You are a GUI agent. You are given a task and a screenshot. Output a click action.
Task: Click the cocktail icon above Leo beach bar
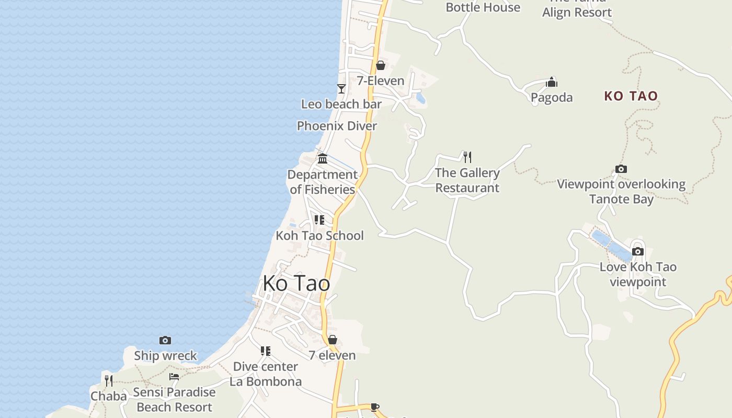(x=341, y=89)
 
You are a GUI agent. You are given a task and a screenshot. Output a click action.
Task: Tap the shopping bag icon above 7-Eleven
(x=381, y=65)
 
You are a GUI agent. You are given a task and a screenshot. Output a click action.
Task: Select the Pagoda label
(x=552, y=97)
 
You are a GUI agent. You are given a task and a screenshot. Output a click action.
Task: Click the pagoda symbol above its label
(x=552, y=82)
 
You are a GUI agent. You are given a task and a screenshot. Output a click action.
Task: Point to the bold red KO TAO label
(x=631, y=96)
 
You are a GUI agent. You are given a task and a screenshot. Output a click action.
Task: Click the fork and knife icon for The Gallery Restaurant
(x=467, y=157)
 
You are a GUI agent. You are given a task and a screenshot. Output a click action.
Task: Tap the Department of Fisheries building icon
(x=323, y=158)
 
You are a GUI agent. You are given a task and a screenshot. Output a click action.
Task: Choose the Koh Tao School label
(x=319, y=235)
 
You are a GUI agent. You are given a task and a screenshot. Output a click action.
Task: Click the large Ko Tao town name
(x=296, y=283)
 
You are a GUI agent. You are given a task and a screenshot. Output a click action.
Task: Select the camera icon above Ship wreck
(x=165, y=340)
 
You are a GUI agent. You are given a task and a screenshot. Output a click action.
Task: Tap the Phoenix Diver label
(x=337, y=126)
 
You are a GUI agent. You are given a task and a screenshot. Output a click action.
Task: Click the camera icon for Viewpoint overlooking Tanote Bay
(x=621, y=169)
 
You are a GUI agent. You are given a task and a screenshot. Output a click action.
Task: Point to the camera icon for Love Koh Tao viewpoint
(x=638, y=251)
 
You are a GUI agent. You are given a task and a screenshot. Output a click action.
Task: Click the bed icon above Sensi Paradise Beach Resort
(x=174, y=376)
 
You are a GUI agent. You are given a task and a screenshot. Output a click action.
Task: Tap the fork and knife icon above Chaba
(x=109, y=380)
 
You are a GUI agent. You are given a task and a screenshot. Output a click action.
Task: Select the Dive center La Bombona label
(x=266, y=374)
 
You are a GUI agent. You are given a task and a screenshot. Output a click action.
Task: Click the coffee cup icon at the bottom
(x=374, y=407)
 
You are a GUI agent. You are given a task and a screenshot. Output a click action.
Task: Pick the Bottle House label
(x=483, y=7)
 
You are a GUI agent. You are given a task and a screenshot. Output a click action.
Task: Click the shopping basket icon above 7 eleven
(x=333, y=340)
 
